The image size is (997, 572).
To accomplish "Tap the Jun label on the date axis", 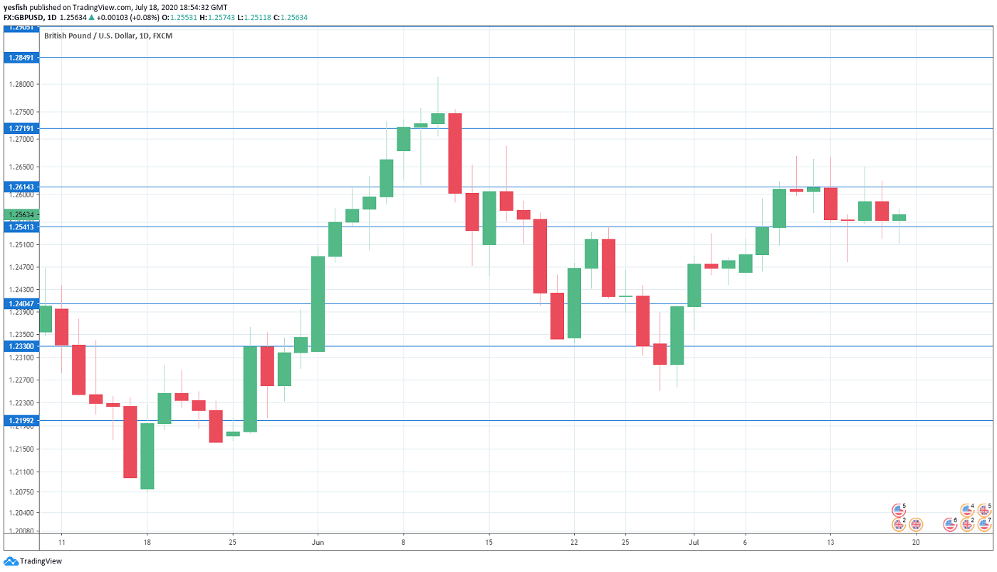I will pyautogui.click(x=318, y=542).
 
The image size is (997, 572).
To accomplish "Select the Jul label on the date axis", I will pyautogui.click(x=694, y=542).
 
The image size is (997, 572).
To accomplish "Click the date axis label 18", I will pyautogui.click(x=147, y=542).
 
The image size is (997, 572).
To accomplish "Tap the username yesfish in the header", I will pyautogui.click(x=17, y=6).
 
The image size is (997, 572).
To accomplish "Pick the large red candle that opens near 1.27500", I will pyautogui.click(x=455, y=153).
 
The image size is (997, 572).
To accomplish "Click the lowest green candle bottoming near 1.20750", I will pyautogui.click(x=147, y=456).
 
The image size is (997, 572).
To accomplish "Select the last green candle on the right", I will pyautogui.click(x=899, y=217).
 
